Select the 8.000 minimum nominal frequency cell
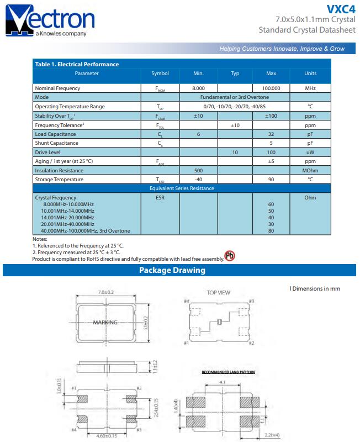198,88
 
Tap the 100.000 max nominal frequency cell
271,88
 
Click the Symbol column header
160,73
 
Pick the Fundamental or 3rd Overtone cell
234,97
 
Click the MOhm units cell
310,170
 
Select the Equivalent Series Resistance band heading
182,188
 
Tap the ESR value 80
271,231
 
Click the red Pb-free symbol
229,257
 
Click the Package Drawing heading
172,270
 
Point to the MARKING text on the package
105,322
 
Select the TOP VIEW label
219,292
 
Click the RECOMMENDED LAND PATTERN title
228,372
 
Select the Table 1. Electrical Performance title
77,64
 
